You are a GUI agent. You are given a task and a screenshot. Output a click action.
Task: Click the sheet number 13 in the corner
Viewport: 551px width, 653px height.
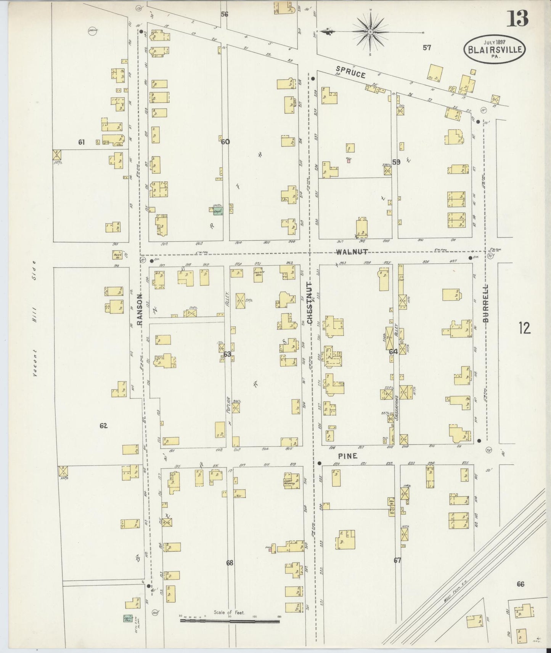click(x=518, y=18)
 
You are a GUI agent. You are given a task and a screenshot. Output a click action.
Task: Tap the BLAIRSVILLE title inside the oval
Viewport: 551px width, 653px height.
click(x=495, y=50)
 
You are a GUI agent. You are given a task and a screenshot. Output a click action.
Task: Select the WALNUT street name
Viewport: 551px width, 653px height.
click(x=352, y=252)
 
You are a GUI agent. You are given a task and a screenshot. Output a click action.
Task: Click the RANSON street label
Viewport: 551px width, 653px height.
click(x=140, y=309)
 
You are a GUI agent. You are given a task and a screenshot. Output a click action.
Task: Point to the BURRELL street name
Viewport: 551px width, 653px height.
click(x=485, y=303)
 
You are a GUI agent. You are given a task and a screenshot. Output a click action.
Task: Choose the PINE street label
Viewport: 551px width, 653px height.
click(x=348, y=456)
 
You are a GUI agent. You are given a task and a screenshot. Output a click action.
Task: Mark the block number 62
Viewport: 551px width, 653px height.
click(x=103, y=426)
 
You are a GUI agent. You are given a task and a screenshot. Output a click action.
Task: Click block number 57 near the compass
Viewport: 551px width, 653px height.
click(x=427, y=48)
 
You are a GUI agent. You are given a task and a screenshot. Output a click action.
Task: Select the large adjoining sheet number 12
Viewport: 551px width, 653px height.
click(x=525, y=328)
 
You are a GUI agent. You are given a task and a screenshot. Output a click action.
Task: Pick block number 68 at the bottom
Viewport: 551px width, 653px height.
click(x=229, y=562)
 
